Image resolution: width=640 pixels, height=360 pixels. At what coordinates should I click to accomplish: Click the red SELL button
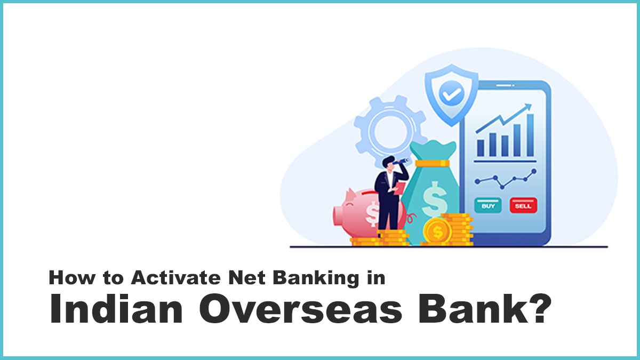[523, 205]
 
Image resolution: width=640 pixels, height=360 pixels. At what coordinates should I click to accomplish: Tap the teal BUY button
[488, 205]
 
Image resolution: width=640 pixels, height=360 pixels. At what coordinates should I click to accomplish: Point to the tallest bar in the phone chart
[530, 135]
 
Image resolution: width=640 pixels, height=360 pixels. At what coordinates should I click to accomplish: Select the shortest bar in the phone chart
[481, 148]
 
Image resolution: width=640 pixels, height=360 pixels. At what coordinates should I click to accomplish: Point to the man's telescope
[401, 162]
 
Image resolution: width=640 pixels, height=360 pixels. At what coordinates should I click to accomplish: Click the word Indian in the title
[116, 309]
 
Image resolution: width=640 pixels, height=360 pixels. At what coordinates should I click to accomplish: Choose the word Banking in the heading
[316, 278]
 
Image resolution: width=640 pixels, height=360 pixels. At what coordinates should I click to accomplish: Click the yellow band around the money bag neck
[433, 163]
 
